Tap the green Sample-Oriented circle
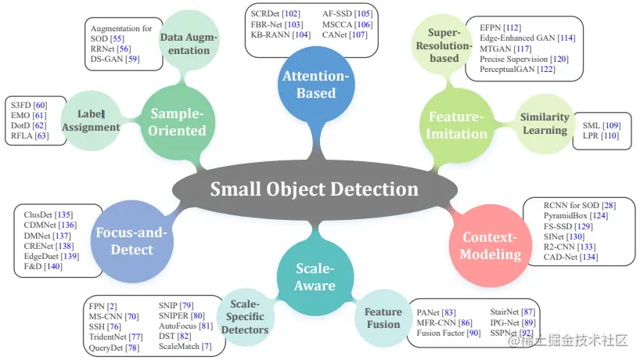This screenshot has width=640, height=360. pos(177,123)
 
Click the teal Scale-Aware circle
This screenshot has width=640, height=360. pos(315,276)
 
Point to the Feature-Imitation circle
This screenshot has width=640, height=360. pos(456,125)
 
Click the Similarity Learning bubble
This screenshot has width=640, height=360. pos(545,124)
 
